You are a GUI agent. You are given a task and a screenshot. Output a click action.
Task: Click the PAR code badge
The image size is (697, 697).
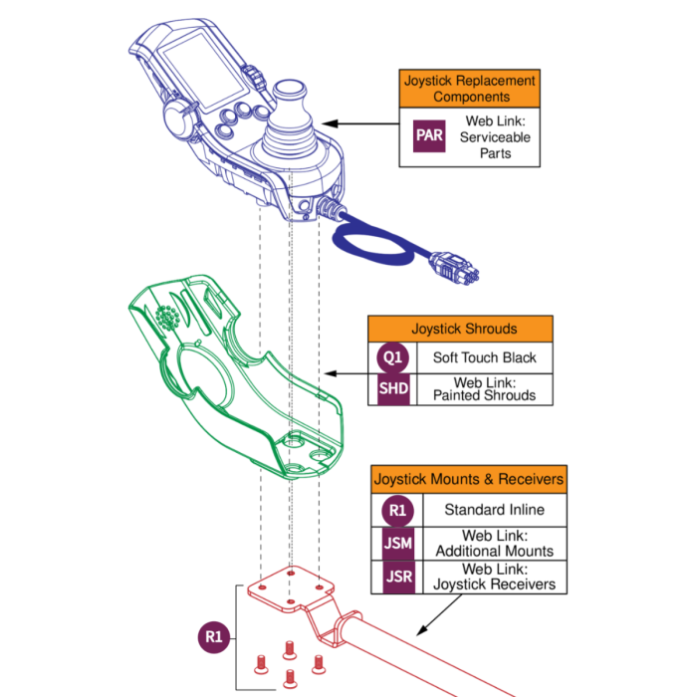pyautogui.click(x=429, y=136)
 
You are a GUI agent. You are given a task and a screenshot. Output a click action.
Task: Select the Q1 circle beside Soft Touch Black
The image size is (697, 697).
pyautogui.click(x=393, y=357)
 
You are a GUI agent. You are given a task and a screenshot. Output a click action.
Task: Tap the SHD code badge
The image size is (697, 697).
pyautogui.click(x=393, y=388)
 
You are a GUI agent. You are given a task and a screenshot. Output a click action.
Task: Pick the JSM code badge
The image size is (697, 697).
pyautogui.click(x=397, y=544)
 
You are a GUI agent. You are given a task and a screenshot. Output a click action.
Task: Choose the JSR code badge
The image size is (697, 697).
pyautogui.click(x=397, y=577)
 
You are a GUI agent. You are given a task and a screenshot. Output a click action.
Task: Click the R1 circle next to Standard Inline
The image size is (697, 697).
pyautogui.click(x=397, y=510)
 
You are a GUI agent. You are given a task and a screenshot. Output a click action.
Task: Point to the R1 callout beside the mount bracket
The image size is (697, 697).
pyautogui.click(x=212, y=635)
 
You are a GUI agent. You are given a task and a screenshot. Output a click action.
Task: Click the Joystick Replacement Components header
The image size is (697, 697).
pyautogui.click(x=470, y=89)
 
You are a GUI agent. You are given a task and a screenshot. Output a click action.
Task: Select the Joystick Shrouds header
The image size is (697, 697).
pyautogui.click(x=464, y=329)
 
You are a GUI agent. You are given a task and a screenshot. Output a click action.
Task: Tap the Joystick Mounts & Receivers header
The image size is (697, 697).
pyautogui.click(x=468, y=479)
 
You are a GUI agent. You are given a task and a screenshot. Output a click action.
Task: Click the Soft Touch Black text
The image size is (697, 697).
pyautogui.click(x=484, y=357)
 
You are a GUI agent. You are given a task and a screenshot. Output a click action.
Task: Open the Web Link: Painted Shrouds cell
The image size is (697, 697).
pyautogui.click(x=484, y=388)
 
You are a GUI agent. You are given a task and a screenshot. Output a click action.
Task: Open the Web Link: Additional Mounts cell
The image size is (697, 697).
pyautogui.click(x=494, y=544)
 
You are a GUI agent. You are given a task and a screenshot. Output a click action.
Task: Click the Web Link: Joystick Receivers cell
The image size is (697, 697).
pyautogui.click(x=494, y=577)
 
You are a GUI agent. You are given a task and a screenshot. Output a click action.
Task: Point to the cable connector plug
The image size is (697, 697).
pyautogui.click(x=454, y=266)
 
